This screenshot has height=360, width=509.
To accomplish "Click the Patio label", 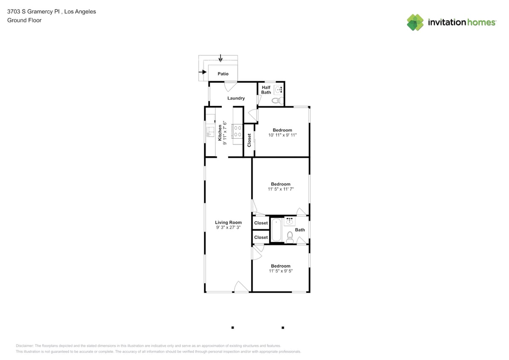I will [x=223, y=74].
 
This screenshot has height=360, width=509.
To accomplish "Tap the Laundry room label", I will [x=236, y=98].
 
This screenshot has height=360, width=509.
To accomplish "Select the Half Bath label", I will [x=266, y=90].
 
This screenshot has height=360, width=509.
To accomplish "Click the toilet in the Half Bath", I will [x=277, y=101].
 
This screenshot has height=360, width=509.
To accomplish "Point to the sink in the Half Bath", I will [x=279, y=90].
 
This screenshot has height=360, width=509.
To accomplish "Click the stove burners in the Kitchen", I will [x=238, y=131].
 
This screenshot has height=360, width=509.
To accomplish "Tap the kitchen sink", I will [x=210, y=131].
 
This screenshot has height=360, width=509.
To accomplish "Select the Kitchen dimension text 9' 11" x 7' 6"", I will [x=225, y=133].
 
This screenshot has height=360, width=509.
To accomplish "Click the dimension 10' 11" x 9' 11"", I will [x=282, y=135].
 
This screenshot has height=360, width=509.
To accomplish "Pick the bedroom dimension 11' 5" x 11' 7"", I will [x=281, y=189].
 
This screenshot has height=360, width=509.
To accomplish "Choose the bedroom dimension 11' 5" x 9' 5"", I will [x=281, y=271].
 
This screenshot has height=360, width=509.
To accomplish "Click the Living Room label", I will [x=228, y=222].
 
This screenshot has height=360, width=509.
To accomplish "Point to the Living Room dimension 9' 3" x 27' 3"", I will [x=228, y=227].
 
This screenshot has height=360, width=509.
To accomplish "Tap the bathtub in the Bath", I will [x=276, y=230].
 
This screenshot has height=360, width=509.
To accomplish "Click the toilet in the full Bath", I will [x=290, y=237].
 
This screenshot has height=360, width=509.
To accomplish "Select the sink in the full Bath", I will [x=290, y=221].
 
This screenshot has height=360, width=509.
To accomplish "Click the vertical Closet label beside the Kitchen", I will [x=249, y=140].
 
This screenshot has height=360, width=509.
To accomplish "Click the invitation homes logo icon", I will [x=415, y=22].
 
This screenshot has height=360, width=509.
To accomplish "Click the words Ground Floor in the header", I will [x=24, y=20].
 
